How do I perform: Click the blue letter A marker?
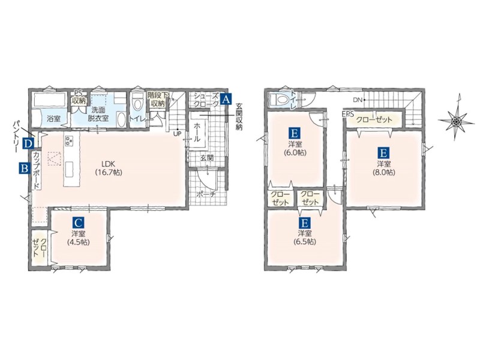pyautogui.click(x=226, y=100)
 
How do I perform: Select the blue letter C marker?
pyautogui.click(x=78, y=221)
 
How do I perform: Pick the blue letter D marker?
pyautogui.click(x=28, y=143)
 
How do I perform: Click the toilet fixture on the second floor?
pyautogui.click(x=278, y=99)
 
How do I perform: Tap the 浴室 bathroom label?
pyautogui.click(x=53, y=118)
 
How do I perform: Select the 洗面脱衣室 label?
pyautogui.click(x=98, y=114)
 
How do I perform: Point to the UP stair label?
pyautogui.click(x=177, y=134)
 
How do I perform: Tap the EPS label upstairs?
pyautogui.click(x=348, y=114)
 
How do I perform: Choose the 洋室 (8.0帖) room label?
pyautogui.click(x=383, y=168)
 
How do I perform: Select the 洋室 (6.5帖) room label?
pyautogui.click(x=305, y=237)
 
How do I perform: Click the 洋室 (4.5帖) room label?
pyautogui.click(x=78, y=238)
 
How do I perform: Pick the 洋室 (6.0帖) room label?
pyautogui.click(x=295, y=148)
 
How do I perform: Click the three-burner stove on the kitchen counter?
pyautogui.click(x=68, y=140)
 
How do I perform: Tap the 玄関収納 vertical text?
pyautogui.click(x=238, y=118)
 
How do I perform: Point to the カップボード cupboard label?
pyautogui.click(x=36, y=170)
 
